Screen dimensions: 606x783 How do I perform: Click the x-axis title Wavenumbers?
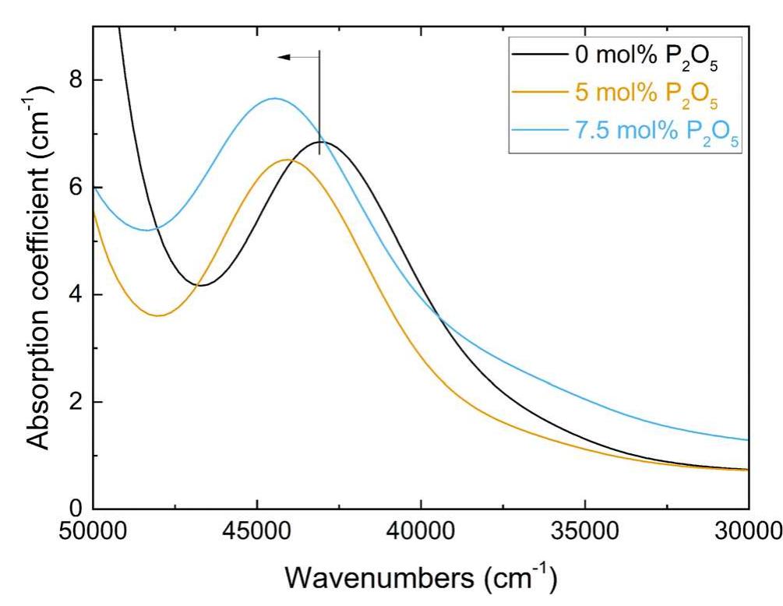click(420, 579)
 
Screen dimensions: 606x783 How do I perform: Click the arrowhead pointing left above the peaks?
click(284, 57)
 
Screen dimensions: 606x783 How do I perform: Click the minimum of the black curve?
click(201, 286)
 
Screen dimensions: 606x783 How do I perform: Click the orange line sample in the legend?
click(538, 92)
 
